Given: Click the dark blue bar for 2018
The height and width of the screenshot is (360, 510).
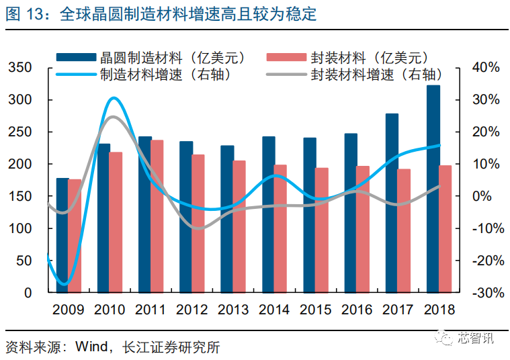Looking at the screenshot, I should [433, 189].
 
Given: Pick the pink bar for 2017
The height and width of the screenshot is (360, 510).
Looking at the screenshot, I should [404, 231].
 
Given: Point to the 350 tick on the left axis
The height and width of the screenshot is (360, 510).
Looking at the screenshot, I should [21, 68].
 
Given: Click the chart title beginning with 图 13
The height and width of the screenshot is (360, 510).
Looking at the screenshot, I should [161, 14].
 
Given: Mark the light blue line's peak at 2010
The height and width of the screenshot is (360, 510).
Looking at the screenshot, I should [114, 99].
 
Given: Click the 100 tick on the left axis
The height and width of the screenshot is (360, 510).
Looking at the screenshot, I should [21, 228].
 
